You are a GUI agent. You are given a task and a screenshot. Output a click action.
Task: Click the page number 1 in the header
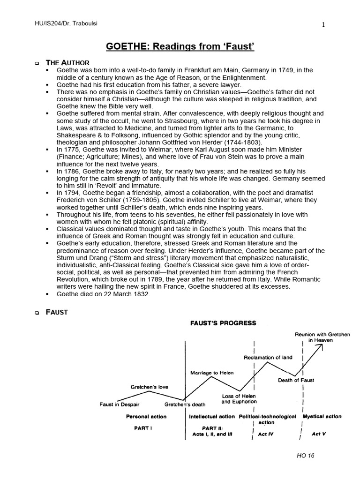tap(323, 25)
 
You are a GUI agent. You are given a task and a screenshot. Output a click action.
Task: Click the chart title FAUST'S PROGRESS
tap(223, 323)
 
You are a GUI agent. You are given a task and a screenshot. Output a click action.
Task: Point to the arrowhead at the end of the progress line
tap(321, 346)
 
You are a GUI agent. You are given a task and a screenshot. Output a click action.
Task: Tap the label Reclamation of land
tap(268, 357)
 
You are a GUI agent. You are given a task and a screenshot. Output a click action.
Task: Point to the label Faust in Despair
tap(120, 404)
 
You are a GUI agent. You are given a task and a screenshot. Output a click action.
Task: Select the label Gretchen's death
tap(185, 404)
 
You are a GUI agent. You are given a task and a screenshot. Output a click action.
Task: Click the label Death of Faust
tap(296, 380)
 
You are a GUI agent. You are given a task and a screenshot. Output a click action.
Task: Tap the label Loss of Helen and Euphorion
tap(239, 399)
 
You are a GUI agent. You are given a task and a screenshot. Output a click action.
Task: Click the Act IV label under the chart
tap(265, 434)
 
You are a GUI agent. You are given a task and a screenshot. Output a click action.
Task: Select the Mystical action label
tap(322, 416)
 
